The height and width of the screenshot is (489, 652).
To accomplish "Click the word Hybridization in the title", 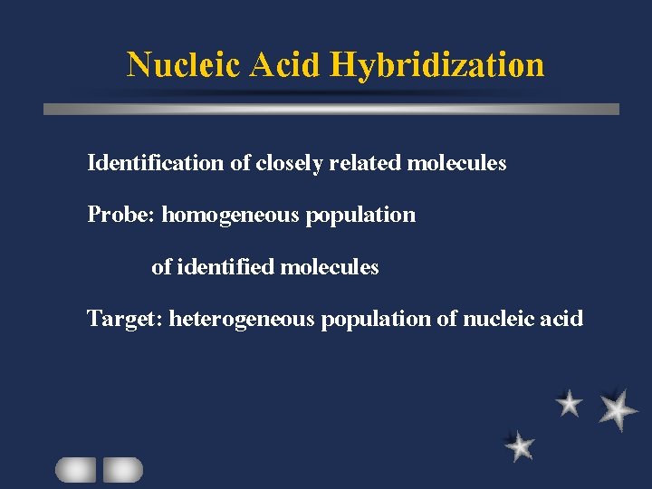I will (437, 65).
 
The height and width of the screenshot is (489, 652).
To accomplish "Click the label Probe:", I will (121, 216).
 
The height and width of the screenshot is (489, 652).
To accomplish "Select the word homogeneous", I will (231, 216).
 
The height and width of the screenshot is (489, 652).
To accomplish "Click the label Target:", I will (124, 320).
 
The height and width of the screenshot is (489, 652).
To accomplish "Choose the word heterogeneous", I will (242, 320).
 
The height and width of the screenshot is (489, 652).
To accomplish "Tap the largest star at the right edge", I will (618, 410).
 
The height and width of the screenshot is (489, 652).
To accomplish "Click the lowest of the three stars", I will (520, 446).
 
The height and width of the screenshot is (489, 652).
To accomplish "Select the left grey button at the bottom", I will (75, 469).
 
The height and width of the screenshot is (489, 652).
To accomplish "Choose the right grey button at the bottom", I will (123, 469).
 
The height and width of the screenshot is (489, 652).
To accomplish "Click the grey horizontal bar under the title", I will (331, 109).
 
